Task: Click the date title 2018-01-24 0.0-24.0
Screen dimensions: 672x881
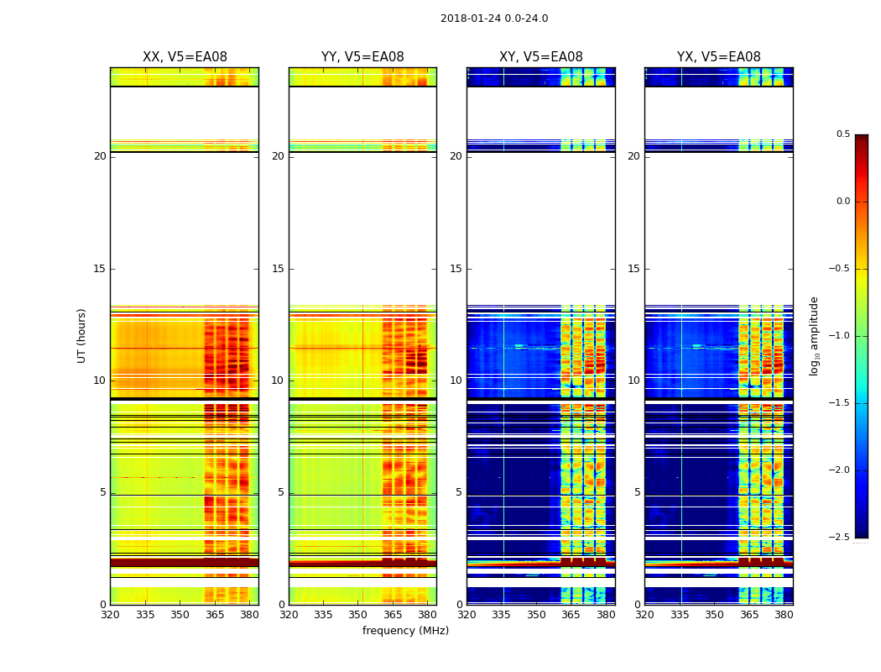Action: tap(494, 18)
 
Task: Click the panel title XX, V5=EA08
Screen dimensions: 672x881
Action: tap(185, 57)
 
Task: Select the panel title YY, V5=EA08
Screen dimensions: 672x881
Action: tap(362, 57)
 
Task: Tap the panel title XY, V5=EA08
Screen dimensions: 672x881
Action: tap(541, 57)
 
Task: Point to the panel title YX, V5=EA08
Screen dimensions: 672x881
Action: tap(719, 57)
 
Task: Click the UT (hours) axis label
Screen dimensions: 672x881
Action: tap(82, 335)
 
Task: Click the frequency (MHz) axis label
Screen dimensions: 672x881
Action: tap(405, 631)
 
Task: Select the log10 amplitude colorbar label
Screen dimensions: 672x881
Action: tap(814, 335)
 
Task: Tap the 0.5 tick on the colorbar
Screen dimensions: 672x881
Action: tap(842, 134)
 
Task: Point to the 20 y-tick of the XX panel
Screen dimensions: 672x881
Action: tap(100, 156)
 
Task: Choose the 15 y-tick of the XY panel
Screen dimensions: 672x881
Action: tap(456, 269)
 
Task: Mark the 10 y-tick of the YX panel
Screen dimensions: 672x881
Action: tap(634, 381)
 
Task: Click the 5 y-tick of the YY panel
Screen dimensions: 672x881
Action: tap(281, 492)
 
